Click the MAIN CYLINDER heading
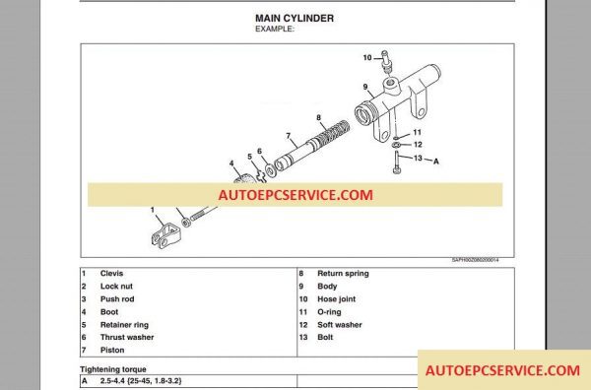[x=295, y=18]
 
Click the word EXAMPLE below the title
[x=277, y=30]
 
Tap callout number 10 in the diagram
[x=367, y=57]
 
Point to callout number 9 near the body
[x=364, y=87]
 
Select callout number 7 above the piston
[x=287, y=135]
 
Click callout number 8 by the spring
[x=320, y=117]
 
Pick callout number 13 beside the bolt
[x=418, y=158]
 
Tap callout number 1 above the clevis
[x=153, y=210]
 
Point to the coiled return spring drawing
[x=333, y=134]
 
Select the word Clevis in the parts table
[x=111, y=273]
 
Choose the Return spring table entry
[x=342, y=273]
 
